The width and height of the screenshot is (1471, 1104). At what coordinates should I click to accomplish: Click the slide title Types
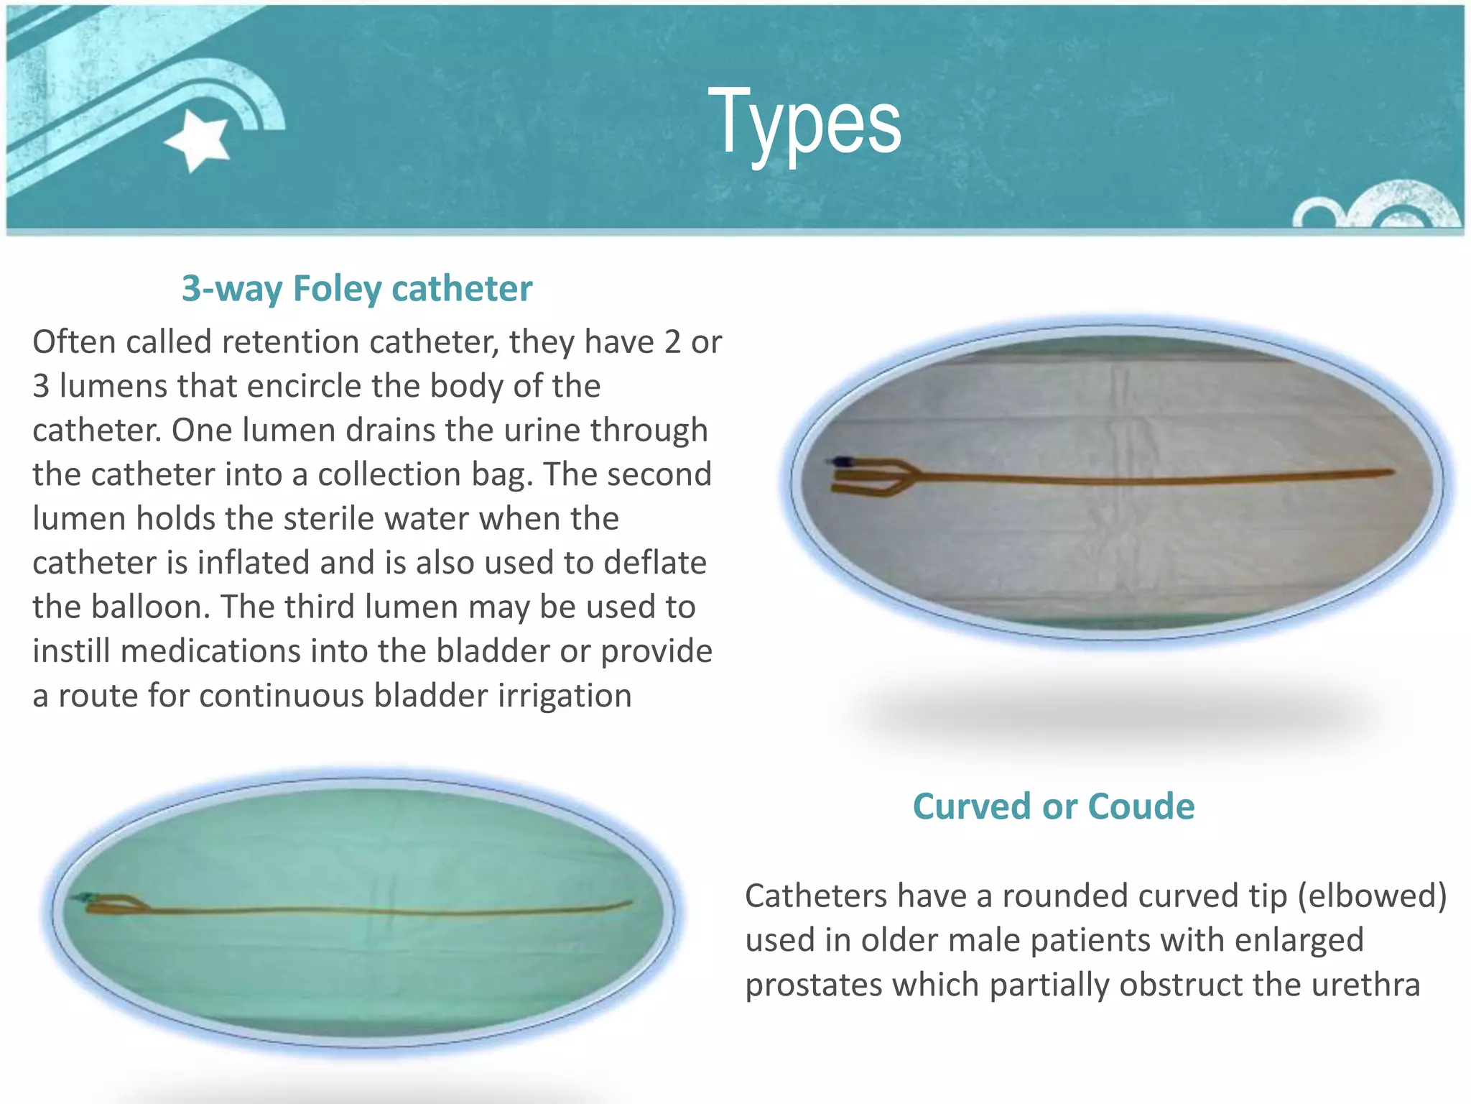coord(804,122)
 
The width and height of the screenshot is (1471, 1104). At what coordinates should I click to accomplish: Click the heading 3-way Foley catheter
coord(357,289)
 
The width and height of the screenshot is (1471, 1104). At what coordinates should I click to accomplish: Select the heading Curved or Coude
coord(1053,806)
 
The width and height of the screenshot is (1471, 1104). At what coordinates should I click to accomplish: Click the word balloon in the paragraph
coord(150,607)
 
